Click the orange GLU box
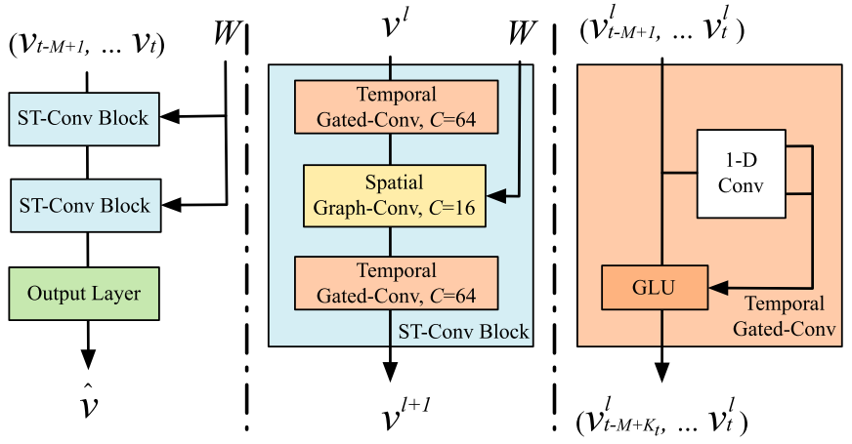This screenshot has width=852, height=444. click(654, 288)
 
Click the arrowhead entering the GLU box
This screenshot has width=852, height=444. click(714, 288)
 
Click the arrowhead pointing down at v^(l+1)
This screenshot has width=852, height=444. click(391, 372)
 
